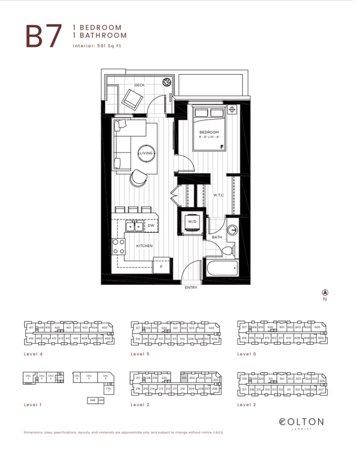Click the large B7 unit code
coord(42,36)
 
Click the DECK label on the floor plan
coord(139,85)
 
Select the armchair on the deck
coord(132,99)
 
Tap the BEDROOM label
coord(209,132)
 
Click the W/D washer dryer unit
coord(192,223)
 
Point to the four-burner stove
coord(119,246)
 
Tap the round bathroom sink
coord(233,229)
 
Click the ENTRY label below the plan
coord(191,288)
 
